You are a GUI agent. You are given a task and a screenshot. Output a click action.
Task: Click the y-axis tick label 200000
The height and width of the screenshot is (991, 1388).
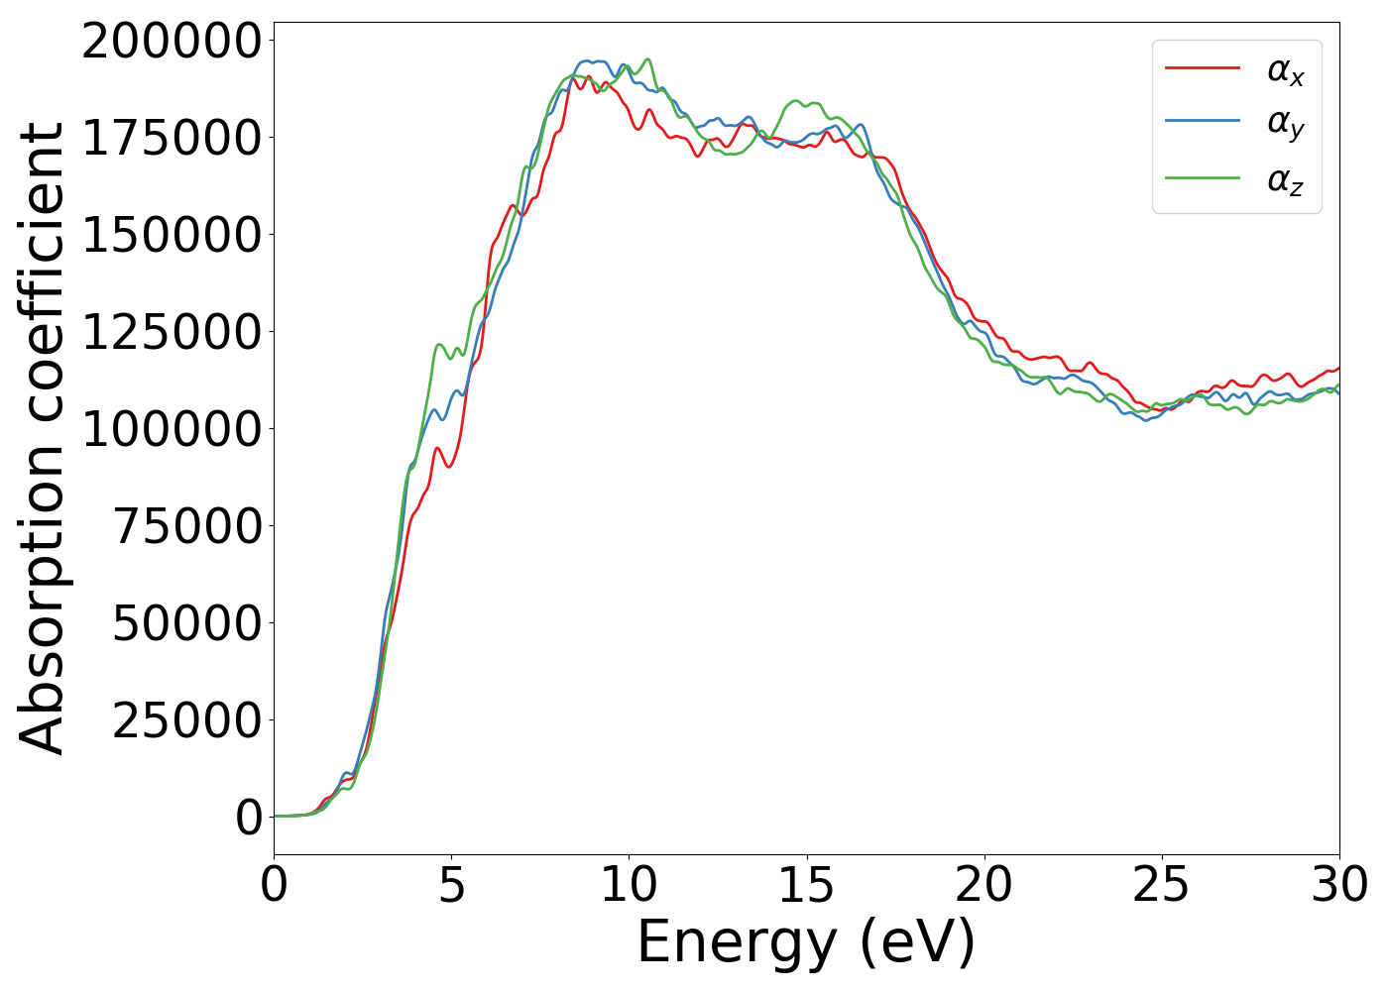tap(172, 43)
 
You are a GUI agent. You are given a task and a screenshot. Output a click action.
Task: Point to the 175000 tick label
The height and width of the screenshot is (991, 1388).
tap(172, 140)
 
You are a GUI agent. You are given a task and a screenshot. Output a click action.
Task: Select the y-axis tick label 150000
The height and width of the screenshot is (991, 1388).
tap(172, 237)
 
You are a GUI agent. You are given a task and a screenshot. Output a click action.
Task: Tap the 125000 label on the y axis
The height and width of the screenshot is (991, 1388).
tap(172, 334)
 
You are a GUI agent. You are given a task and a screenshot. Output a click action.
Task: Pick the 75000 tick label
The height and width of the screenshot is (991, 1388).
tap(186, 527)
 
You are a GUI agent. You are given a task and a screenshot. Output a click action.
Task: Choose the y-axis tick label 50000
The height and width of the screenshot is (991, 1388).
tap(186, 624)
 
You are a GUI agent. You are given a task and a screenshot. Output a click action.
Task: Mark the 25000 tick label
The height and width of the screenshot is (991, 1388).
tap(186, 721)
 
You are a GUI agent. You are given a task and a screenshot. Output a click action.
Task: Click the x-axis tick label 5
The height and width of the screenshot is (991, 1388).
tap(451, 885)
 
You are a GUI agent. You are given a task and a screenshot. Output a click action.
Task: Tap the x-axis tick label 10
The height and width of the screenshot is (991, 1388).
tap(629, 885)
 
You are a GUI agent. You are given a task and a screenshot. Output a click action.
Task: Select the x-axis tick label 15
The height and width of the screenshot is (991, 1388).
tap(806, 885)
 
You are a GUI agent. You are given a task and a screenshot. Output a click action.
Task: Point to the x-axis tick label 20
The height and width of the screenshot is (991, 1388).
tap(983, 885)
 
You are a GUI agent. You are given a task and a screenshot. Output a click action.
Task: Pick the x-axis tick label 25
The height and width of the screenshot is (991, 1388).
tap(1161, 885)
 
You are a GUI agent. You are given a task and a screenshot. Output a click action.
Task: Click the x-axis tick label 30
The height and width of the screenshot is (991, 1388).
tap(1338, 885)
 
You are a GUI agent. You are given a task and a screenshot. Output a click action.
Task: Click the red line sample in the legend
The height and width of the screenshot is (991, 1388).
tap(1203, 68)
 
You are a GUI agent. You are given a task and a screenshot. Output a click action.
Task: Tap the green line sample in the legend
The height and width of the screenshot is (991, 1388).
tap(1203, 178)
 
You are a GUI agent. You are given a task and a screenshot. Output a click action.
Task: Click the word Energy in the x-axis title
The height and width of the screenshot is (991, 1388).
tap(738, 942)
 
